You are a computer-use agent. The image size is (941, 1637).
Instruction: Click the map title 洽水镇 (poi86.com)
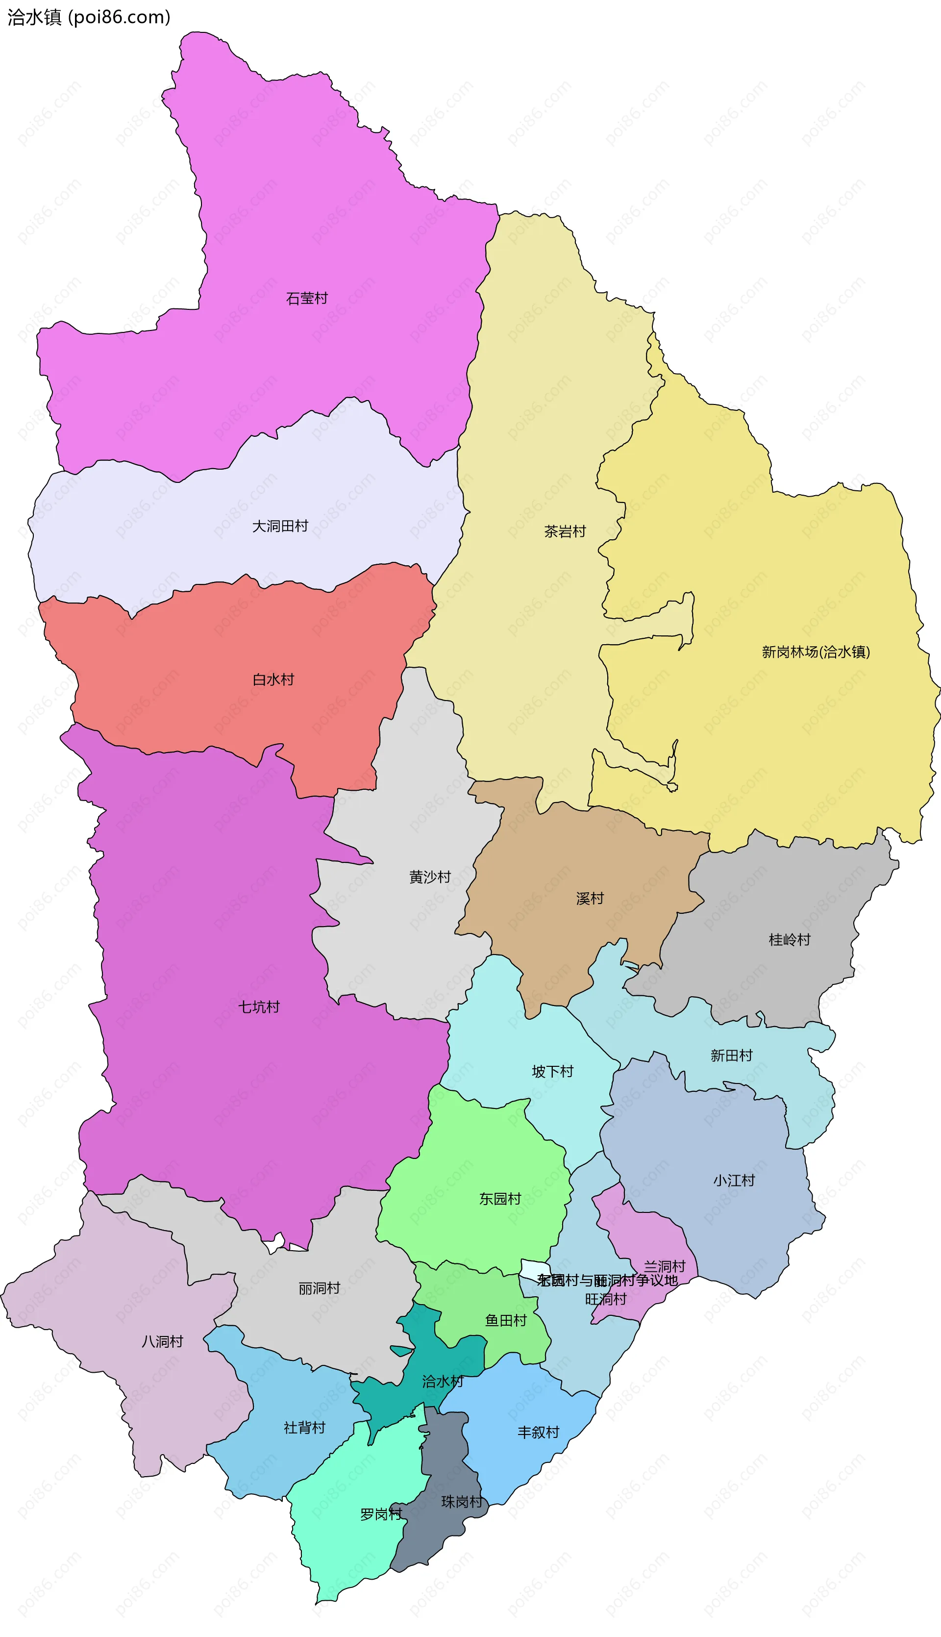pos(89,17)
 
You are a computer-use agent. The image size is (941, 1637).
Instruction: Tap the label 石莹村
pos(307,298)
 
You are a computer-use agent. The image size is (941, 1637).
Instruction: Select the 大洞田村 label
pos(280,526)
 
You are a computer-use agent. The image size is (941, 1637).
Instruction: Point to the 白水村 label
pos(273,680)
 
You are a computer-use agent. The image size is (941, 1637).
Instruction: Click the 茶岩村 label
pos(565,531)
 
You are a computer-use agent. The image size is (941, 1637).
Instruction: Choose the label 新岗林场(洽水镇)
pos(816,652)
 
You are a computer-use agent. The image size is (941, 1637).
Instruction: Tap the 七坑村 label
pos(259,1007)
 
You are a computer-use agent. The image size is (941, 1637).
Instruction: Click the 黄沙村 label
pos(430,877)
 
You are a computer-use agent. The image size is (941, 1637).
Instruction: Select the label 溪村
pos(590,898)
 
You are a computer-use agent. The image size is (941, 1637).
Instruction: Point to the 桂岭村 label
pos(789,939)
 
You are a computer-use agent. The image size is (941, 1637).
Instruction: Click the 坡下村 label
pos(552,1071)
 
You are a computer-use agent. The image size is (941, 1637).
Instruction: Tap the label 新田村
pos(732,1055)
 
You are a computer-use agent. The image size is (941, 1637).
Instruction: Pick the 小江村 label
pos(734,1181)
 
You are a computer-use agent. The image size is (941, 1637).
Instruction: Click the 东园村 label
pos(500,1199)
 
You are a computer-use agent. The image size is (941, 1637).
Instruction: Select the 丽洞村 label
pos(319,1288)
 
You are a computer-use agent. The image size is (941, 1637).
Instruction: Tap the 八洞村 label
pos(162,1341)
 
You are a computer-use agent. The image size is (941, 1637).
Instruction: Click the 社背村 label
pos(304,1428)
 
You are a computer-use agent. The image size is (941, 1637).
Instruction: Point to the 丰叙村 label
pos(538,1432)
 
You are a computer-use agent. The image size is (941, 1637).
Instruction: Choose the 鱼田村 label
pos(506,1320)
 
